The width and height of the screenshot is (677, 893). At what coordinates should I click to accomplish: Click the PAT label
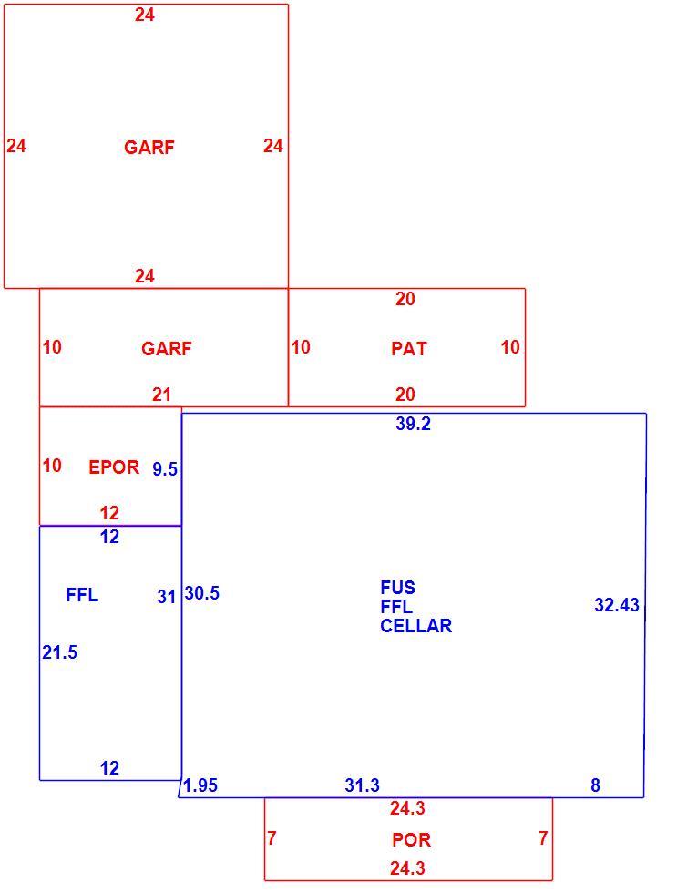(409, 348)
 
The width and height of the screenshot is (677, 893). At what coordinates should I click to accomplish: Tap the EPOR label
(114, 467)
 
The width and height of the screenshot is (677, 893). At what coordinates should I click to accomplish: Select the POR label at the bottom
(411, 839)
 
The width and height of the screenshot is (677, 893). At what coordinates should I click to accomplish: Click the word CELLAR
(415, 626)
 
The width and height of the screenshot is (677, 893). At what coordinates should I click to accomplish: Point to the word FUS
(397, 587)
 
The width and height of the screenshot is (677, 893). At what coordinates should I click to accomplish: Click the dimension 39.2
(413, 424)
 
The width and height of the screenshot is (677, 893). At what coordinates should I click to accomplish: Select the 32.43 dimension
(617, 605)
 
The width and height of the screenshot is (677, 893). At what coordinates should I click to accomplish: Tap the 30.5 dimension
(201, 593)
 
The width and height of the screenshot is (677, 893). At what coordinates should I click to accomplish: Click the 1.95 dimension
(200, 785)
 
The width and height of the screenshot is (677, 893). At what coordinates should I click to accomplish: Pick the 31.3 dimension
(362, 785)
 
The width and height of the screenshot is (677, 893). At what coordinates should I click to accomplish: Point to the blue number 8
(595, 785)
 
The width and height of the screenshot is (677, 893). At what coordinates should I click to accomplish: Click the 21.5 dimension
(59, 652)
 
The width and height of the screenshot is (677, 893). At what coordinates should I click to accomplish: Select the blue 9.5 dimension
(165, 469)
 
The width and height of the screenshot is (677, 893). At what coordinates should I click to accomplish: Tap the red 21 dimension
(161, 395)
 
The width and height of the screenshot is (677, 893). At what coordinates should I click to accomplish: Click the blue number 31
(166, 597)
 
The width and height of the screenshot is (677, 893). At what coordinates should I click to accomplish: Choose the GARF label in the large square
(149, 148)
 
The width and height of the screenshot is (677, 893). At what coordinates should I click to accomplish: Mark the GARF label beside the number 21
(166, 348)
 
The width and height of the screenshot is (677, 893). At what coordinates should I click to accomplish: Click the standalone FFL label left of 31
(82, 595)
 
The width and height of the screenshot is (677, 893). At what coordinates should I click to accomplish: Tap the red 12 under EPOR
(109, 513)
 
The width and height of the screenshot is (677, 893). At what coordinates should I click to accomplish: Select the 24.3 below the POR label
(407, 868)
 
